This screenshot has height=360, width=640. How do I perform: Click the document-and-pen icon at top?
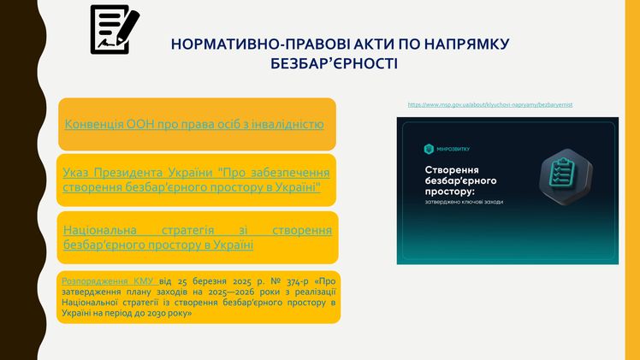(x=115, y=29)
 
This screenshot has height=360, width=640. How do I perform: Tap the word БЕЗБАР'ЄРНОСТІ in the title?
(x=335, y=63)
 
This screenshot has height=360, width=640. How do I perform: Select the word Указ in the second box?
(x=75, y=172)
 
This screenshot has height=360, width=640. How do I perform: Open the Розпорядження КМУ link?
(x=109, y=280)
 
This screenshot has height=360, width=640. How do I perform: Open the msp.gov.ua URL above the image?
(x=490, y=104)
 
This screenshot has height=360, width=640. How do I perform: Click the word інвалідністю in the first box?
(x=290, y=124)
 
